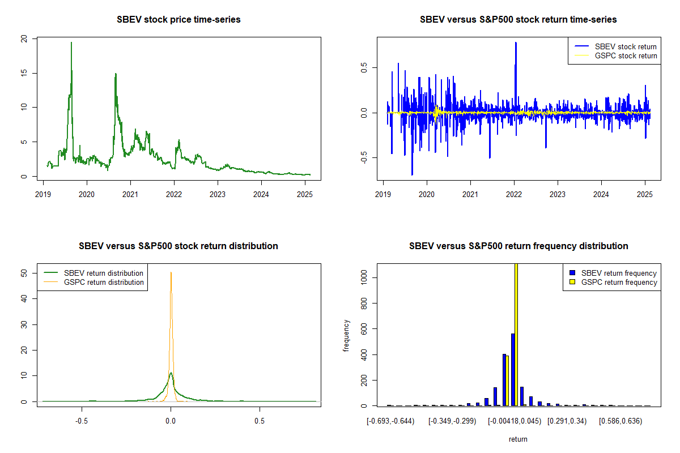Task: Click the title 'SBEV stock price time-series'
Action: (x=178, y=20)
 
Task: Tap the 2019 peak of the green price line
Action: (x=71, y=42)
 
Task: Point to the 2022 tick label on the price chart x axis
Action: (x=174, y=194)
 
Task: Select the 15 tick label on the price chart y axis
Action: (x=24, y=73)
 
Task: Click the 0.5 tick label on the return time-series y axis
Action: (x=364, y=67)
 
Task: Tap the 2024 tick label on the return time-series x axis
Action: (x=601, y=194)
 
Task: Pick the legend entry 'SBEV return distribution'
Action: (x=93, y=273)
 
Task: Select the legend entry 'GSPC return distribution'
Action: (x=93, y=282)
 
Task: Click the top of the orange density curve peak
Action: (x=171, y=272)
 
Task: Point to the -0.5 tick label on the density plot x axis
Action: (x=82, y=421)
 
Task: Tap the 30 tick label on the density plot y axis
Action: (x=24, y=325)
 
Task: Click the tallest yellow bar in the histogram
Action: (x=516, y=335)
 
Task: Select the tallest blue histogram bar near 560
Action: (x=513, y=370)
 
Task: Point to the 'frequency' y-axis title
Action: (x=346, y=336)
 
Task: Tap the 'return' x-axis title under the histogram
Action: (x=518, y=439)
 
